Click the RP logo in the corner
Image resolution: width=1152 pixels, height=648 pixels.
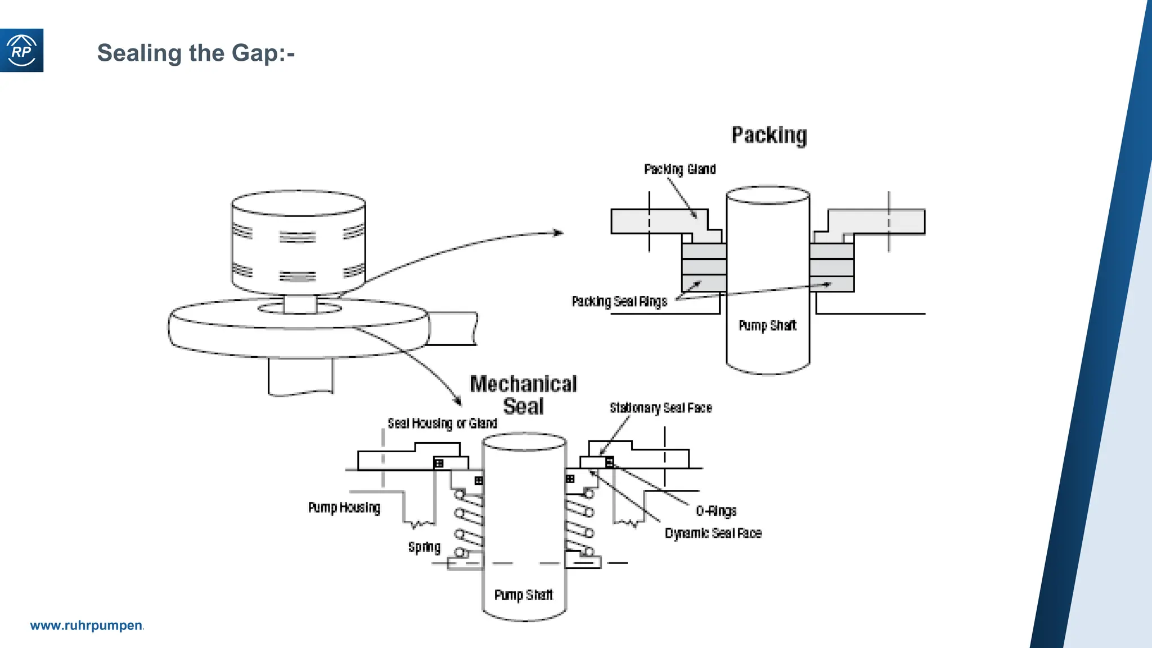point(21,51)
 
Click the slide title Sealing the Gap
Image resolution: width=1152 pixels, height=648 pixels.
point(196,53)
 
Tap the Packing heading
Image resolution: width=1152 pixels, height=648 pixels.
point(769,136)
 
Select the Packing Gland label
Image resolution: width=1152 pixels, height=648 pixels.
point(679,169)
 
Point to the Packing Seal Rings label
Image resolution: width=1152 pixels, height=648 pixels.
point(619,301)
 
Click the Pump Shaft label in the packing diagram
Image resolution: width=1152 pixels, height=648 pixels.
point(767,326)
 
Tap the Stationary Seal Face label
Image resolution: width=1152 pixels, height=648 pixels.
point(661,408)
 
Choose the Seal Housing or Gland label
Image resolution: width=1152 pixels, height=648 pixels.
point(442,424)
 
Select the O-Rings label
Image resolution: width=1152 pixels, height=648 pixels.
point(716,511)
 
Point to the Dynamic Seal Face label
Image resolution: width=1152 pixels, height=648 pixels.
point(713,533)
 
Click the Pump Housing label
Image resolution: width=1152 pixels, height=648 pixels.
point(344,508)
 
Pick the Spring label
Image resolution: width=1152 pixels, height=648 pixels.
point(424,547)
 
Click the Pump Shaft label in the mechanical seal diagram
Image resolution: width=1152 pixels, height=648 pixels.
point(523,595)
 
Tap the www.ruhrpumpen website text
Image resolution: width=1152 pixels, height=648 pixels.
point(87,625)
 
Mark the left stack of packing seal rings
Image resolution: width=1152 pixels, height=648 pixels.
point(704,267)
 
